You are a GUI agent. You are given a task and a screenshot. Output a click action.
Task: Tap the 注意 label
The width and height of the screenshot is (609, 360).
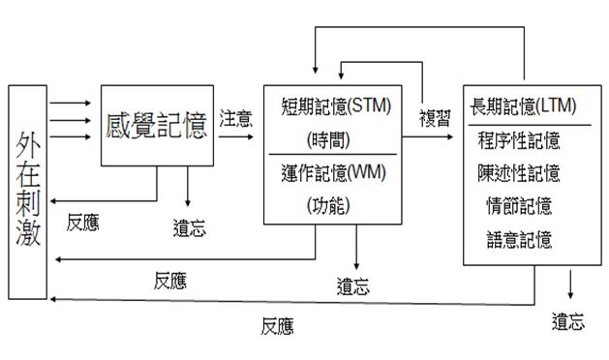pyautogui.click(x=235, y=119)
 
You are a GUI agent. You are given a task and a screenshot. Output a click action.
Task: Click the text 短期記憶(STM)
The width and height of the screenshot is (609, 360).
pyautogui.click(x=335, y=106)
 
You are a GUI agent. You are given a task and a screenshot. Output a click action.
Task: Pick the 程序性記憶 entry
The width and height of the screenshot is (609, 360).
pyautogui.click(x=519, y=140)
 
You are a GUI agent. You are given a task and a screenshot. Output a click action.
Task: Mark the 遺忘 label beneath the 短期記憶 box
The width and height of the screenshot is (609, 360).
pyautogui.click(x=352, y=286)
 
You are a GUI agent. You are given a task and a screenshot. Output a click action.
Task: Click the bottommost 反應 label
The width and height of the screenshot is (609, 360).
pyautogui.click(x=277, y=326)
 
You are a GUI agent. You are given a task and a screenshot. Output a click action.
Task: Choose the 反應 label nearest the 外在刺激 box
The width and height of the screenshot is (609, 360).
pyautogui.click(x=82, y=222)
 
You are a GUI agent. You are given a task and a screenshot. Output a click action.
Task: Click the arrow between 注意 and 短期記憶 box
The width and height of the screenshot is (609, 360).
pyautogui.click(x=240, y=136)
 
